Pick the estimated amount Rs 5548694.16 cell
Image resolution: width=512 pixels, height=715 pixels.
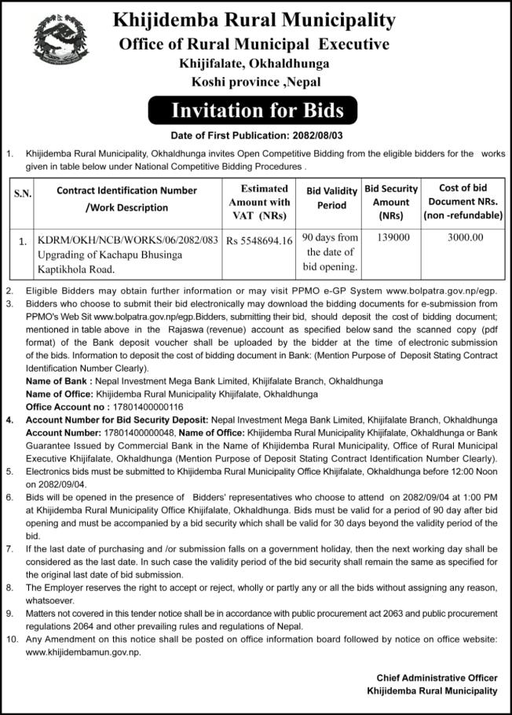click(x=259, y=239)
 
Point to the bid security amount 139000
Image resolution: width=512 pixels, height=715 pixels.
click(x=389, y=236)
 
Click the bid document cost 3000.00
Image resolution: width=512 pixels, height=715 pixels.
click(x=466, y=236)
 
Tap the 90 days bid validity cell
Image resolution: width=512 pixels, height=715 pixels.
click(x=331, y=252)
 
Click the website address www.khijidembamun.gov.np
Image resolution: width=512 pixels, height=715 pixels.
click(x=78, y=654)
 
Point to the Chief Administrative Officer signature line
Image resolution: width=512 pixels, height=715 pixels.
click(x=437, y=677)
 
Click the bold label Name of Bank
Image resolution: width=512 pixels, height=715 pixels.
click(x=58, y=381)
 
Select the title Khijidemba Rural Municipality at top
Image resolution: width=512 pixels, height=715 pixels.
click(x=254, y=20)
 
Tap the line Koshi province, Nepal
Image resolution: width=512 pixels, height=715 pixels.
click(x=255, y=82)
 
